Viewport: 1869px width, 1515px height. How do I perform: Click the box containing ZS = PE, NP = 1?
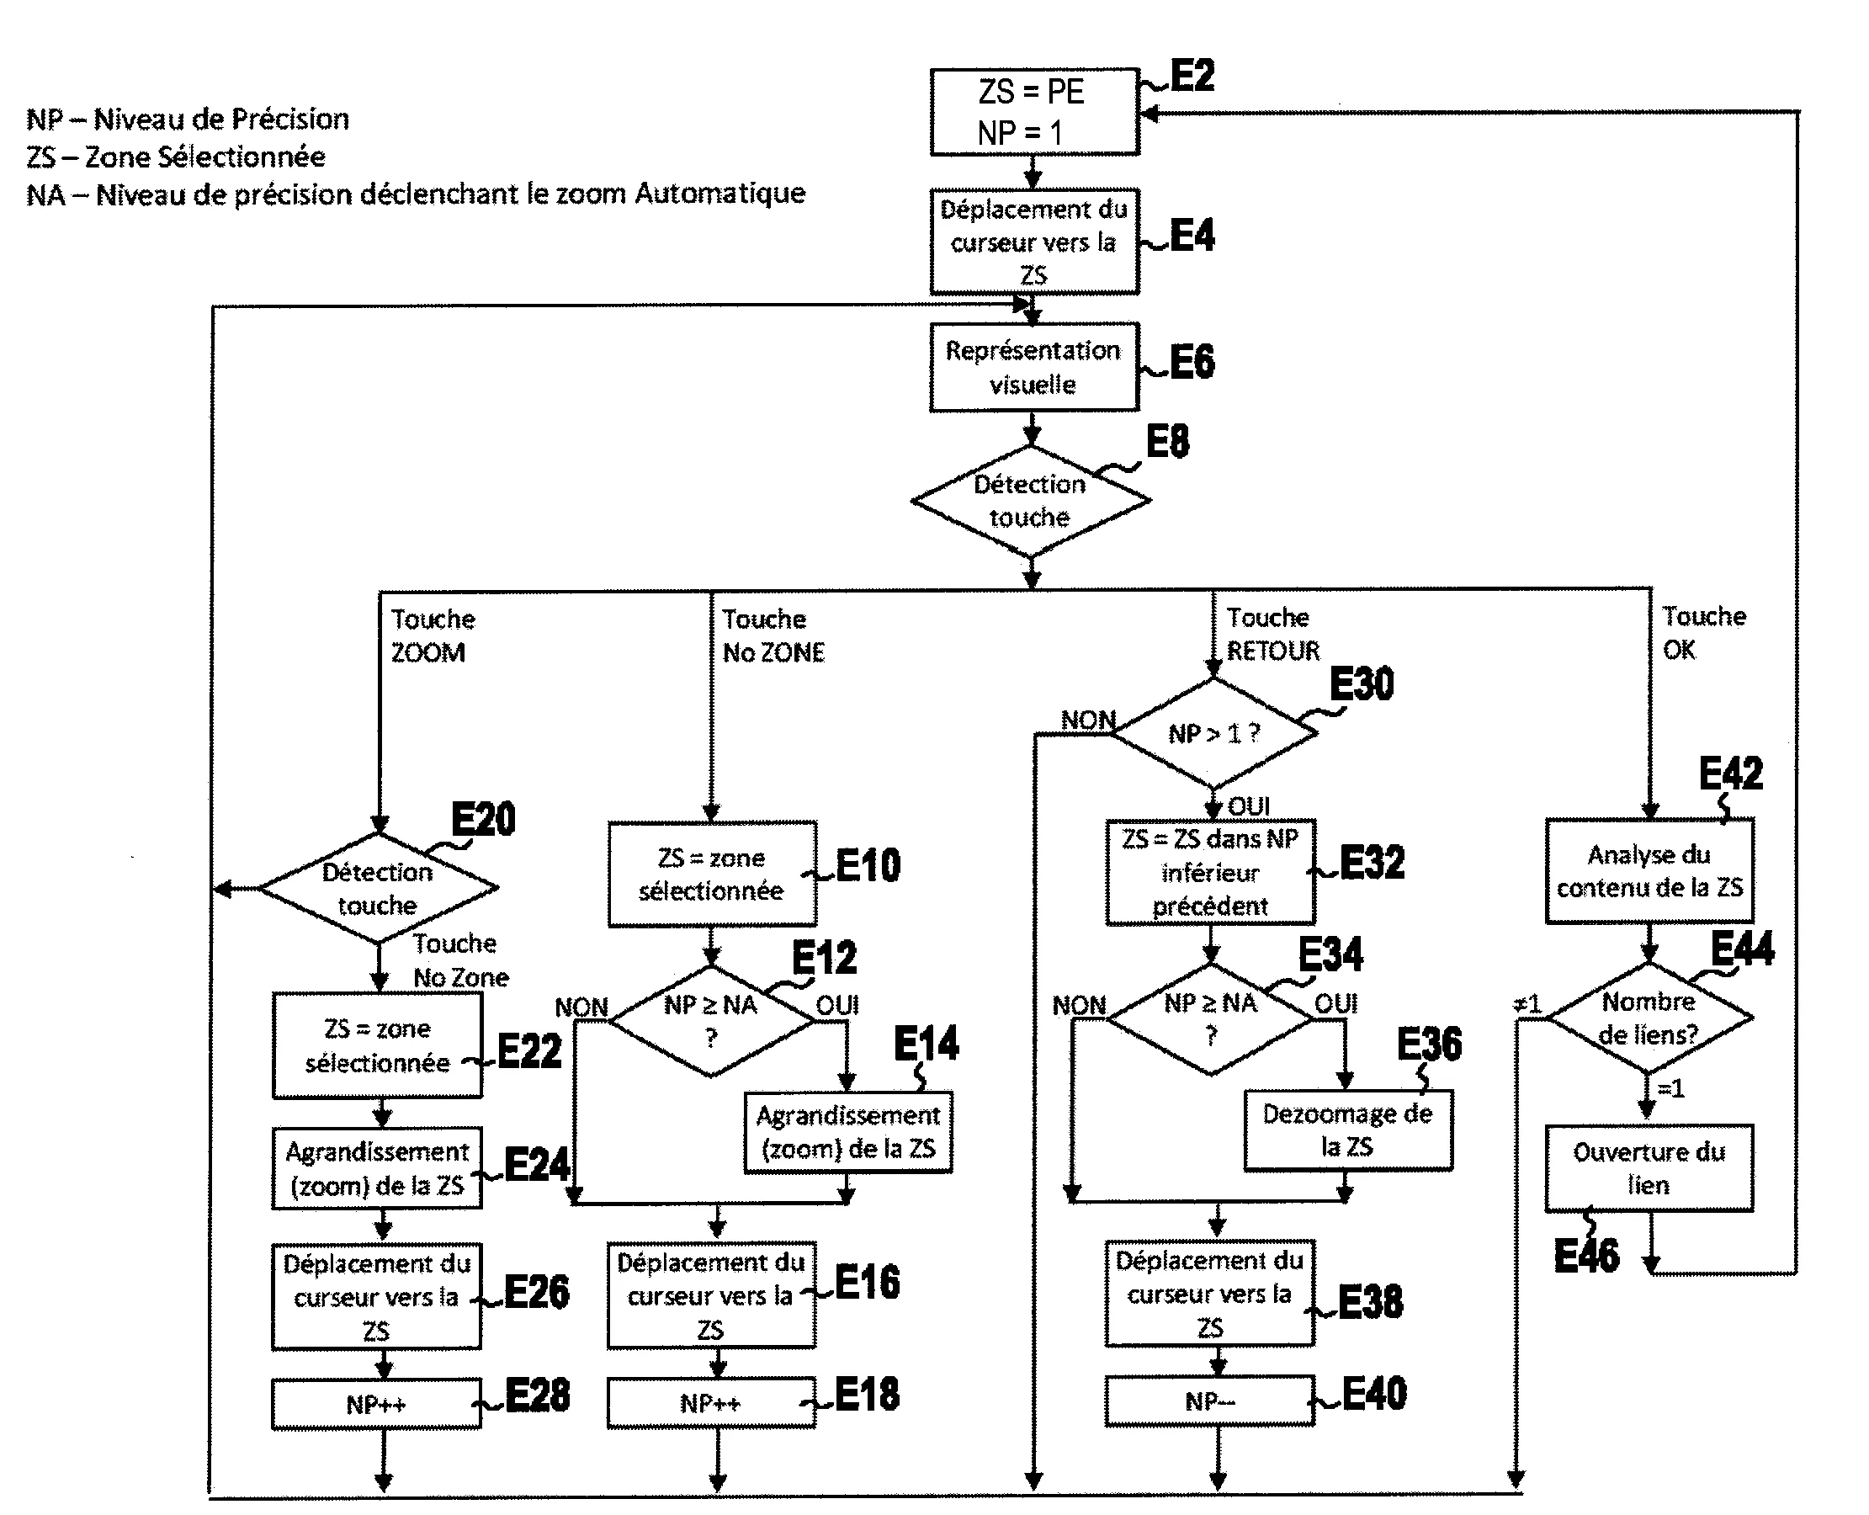coord(1035,112)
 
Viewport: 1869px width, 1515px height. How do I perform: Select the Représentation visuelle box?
coord(1034,366)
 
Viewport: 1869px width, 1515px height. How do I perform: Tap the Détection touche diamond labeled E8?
coord(1031,501)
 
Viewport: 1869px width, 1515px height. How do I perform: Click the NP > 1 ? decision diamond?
coord(1213,733)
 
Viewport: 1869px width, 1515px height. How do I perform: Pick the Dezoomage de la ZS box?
coord(1348,1130)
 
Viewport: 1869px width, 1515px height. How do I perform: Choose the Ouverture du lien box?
coord(1649,1168)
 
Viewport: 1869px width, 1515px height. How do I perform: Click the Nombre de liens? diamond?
coord(1649,1018)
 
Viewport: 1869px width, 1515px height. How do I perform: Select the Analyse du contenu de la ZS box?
coord(1649,871)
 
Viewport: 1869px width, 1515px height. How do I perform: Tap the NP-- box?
coord(1209,1401)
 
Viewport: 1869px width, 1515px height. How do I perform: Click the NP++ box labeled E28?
coord(376,1404)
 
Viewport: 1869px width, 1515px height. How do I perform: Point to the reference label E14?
coord(926,1044)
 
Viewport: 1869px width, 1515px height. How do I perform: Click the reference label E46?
coord(1586,1256)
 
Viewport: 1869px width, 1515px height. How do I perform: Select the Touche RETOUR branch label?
coord(1273,635)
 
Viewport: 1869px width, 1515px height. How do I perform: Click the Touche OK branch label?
coord(1703,633)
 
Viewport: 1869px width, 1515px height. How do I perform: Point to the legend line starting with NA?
coord(416,194)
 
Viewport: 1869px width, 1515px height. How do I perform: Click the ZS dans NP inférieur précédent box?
coord(1210,873)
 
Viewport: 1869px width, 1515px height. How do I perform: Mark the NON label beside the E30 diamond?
coord(1088,720)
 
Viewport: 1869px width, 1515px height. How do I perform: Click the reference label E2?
coord(1192,76)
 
